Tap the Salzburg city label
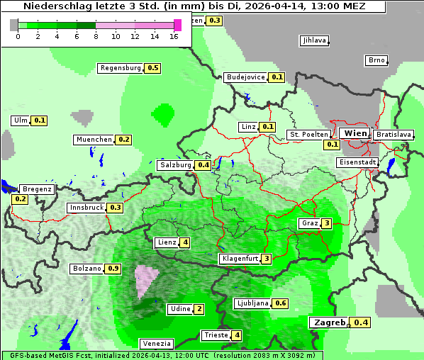click(175, 165)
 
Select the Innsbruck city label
click(87, 208)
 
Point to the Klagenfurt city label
click(240, 259)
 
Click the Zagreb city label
click(328, 322)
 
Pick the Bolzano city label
click(87, 269)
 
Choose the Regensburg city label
click(121, 68)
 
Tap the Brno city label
click(376, 60)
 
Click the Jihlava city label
click(314, 40)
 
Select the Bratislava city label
click(394, 134)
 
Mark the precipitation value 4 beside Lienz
click(185, 242)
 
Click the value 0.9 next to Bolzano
click(113, 269)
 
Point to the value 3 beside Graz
click(326, 223)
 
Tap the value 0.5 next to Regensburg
click(152, 68)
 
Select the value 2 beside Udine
click(199, 308)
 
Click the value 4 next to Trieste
click(237, 335)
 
